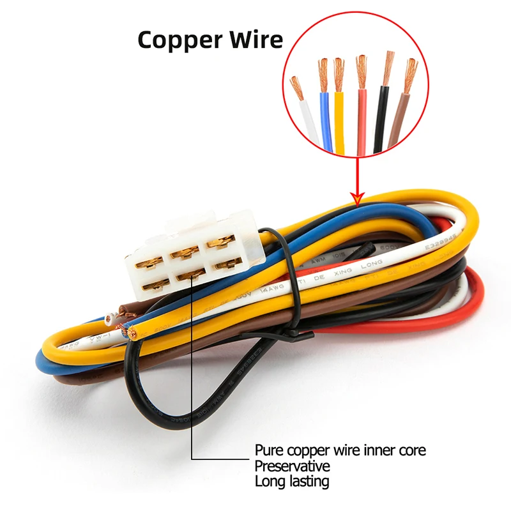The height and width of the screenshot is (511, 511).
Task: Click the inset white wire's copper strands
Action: [296, 88]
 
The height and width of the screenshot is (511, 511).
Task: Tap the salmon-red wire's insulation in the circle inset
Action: [362, 125]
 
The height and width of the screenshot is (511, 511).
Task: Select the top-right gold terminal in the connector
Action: [219, 244]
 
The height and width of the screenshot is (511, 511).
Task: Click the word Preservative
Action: [292, 466]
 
